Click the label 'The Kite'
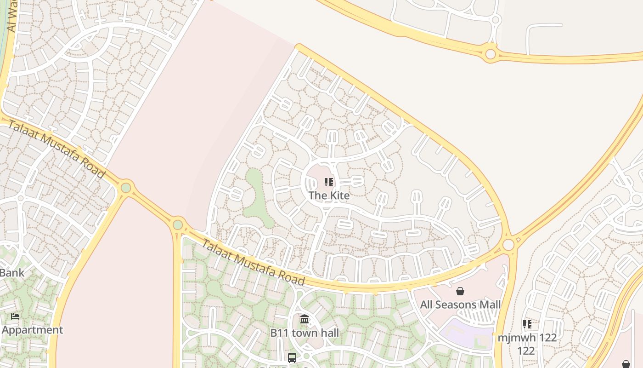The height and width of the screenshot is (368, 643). coord(329,195)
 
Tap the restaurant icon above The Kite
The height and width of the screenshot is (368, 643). coord(329,182)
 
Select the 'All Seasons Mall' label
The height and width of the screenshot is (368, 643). coord(460,305)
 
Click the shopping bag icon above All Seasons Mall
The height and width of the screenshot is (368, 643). coord(460,291)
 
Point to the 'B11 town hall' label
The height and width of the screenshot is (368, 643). coord(305,333)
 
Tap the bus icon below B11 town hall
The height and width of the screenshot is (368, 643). coord(292,357)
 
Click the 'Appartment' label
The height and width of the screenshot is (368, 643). coord(32,330)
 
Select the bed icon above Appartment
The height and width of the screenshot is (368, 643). coord(15,316)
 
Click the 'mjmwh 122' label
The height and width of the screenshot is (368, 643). coord(527,338)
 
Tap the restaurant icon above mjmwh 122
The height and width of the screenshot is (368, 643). coord(527,324)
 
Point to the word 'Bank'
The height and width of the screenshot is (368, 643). coord(11,273)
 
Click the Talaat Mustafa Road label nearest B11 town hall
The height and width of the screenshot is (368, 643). coord(253,263)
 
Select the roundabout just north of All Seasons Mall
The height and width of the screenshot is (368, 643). coord(508,244)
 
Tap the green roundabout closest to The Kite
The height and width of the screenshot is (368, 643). coord(178,225)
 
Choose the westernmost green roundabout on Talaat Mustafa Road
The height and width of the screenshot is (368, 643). coord(126,188)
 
